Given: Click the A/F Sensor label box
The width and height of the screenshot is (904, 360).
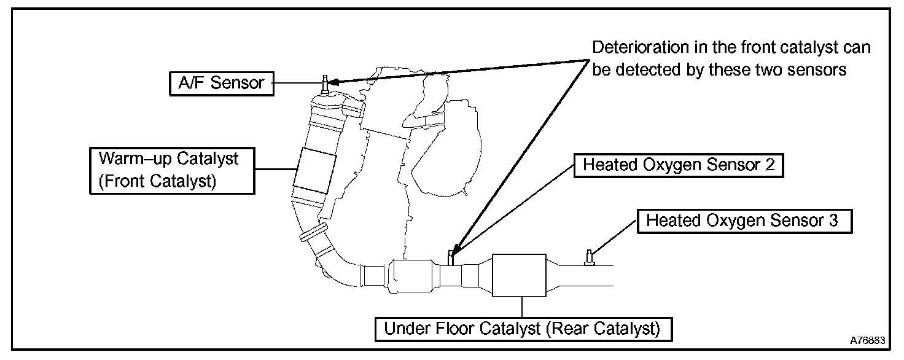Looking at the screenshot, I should (221, 83).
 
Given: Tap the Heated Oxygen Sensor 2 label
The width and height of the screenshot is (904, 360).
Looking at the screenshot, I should (679, 165).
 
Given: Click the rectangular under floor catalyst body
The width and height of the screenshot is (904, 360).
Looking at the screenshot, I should (520, 276).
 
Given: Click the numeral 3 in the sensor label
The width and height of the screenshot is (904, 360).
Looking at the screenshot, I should (833, 221).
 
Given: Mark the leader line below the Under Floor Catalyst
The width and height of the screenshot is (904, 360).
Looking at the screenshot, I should (521, 307).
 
